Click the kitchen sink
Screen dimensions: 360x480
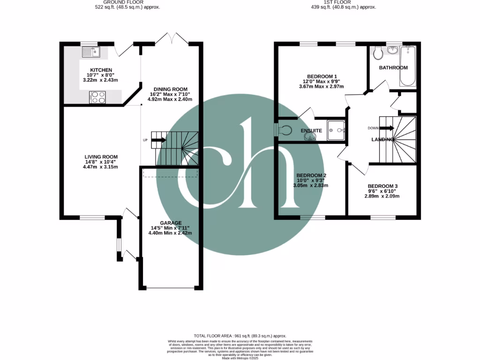(x=91, y=52)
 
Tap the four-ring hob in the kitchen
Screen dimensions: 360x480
(x=97, y=97)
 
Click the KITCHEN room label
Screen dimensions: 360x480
(x=101, y=70)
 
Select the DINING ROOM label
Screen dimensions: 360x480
(x=171, y=89)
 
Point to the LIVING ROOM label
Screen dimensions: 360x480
(x=101, y=157)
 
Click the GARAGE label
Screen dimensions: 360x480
(x=170, y=223)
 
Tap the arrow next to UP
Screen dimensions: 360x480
(x=158, y=140)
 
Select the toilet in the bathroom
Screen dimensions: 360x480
(x=378, y=53)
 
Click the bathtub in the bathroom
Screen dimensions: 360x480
(x=408, y=66)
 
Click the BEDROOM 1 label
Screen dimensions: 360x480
(x=322, y=76)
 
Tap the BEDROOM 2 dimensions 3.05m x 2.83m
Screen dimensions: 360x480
(x=310, y=186)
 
